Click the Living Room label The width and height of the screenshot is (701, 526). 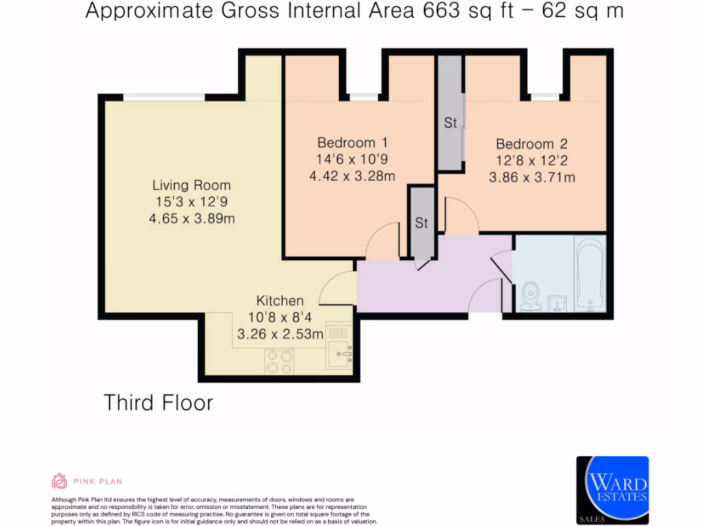pos(192,185)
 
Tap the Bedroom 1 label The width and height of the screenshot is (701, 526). pos(353,142)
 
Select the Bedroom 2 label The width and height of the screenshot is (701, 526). pos(531,144)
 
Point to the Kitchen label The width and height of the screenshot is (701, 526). pos(280,301)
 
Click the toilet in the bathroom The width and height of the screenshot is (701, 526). pos(531,297)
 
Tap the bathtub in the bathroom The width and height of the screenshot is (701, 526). pos(591,274)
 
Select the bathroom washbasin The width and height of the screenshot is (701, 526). pos(557,303)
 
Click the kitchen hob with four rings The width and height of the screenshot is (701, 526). pos(279,362)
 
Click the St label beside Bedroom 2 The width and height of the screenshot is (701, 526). pos(450,123)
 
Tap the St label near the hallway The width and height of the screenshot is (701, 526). pos(421,223)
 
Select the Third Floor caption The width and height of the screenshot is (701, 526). pos(158,403)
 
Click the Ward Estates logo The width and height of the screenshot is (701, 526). pos(613,490)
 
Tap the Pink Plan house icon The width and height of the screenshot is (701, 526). pos(59,481)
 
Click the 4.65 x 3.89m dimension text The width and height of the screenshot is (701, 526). pos(192,218)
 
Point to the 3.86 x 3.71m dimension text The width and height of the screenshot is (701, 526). pos(532,177)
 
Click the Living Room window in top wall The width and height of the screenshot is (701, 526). pos(164,97)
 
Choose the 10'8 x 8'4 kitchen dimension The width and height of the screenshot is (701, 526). pos(280,318)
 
